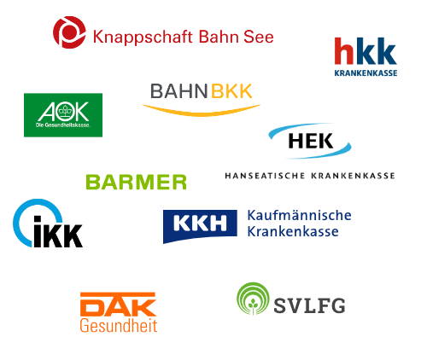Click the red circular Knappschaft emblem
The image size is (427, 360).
pyautogui.click(x=69, y=32)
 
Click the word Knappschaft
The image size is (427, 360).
pyautogui.click(x=143, y=38)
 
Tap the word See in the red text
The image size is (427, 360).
pyautogui.click(x=259, y=37)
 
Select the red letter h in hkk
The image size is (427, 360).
pyautogui.click(x=344, y=50)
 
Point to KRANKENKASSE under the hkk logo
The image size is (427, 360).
pyautogui.click(x=366, y=73)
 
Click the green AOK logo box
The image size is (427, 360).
pyautogui.click(x=63, y=115)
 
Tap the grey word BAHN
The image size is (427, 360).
pyautogui.click(x=178, y=91)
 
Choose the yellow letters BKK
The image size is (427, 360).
pyautogui.click(x=231, y=91)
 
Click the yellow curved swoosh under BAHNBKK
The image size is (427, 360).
pyautogui.click(x=202, y=113)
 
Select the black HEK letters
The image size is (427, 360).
pyautogui.click(x=311, y=141)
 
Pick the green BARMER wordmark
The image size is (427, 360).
pyautogui.click(x=136, y=182)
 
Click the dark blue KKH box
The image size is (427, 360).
pyautogui.click(x=200, y=226)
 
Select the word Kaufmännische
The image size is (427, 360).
pyautogui.click(x=299, y=215)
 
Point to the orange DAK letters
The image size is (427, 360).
pyautogui.click(x=118, y=305)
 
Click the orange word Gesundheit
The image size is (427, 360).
pyautogui.click(x=119, y=326)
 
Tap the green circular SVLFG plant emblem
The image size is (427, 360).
pyautogui.click(x=253, y=299)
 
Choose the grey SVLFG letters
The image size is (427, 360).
pyautogui.click(x=309, y=305)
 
